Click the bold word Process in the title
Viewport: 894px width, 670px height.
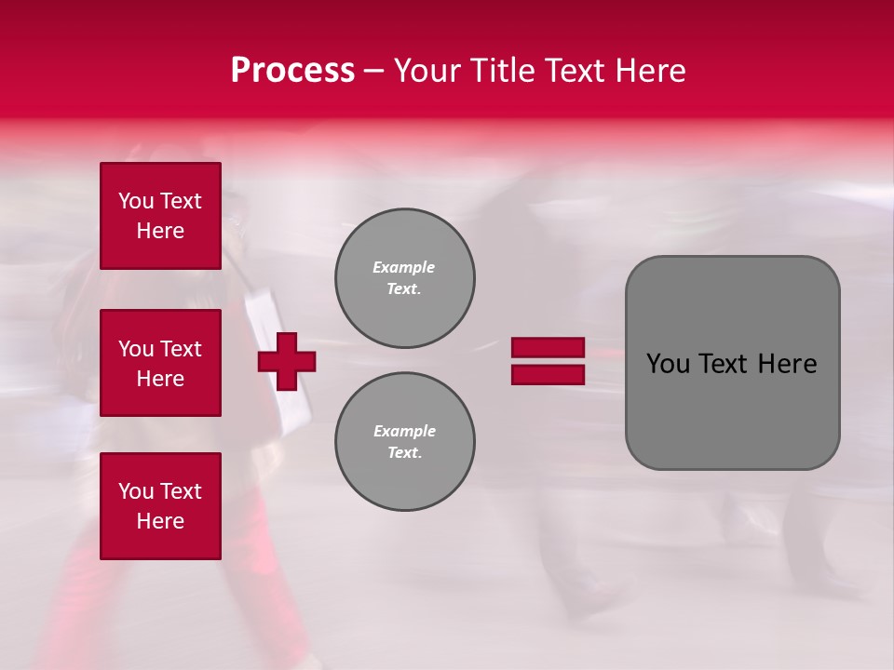coord(292,71)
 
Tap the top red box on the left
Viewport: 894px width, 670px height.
coord(160,216)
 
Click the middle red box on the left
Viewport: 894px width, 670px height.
coord(160,363)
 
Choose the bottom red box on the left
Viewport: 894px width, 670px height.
coord(160,506)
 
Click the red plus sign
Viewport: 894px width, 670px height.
coord(287,361)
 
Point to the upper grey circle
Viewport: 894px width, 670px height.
coord(404,278)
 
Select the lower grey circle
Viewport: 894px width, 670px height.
coord(404,442)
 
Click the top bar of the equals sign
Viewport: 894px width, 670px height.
coord(548,347)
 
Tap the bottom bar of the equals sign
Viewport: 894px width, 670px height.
coord(548,375)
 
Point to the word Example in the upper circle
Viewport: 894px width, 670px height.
coord(403,267)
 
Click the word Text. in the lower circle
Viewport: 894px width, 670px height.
coord(404,453)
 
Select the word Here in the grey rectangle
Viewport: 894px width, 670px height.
coord(787,364)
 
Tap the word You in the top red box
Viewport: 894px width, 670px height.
coord(135,201)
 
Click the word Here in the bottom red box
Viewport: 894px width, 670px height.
coord(160,521)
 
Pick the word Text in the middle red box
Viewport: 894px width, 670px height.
coord(181,349)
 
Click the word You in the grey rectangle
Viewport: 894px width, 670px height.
coord(669,364)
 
